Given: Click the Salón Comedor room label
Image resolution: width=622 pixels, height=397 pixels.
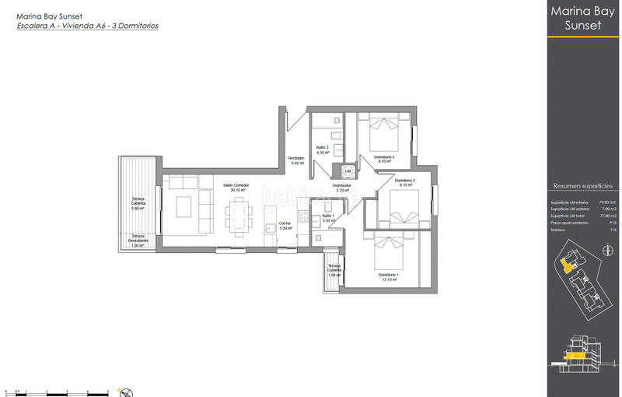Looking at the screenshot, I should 236,188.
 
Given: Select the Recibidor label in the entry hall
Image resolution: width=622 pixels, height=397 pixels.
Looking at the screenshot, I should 296,160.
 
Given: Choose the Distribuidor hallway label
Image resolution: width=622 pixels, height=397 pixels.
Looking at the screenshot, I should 343,188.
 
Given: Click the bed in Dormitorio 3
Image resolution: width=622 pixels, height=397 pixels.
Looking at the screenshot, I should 382,133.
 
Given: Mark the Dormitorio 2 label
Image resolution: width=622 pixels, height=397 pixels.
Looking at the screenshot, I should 405,182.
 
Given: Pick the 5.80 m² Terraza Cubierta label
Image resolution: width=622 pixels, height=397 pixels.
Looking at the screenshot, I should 138,204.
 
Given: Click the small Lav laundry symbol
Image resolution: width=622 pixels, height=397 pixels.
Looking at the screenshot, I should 348,170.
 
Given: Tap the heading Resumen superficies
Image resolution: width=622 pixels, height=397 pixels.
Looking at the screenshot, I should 582,187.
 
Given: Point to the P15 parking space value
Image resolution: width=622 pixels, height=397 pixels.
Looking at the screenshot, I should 612,223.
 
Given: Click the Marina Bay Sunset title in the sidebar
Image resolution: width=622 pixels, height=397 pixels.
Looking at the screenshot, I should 582,19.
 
